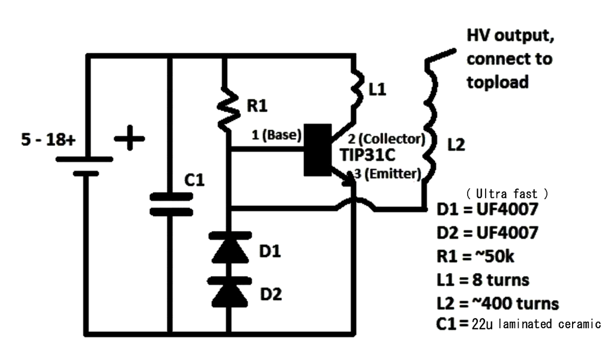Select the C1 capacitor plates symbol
coord(171,204)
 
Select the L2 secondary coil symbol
coord(429,132)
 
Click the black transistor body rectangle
coord(317,150)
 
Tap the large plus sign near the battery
coord(130,140)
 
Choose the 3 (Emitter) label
coord(389,174)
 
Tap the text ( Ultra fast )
coord(507,194)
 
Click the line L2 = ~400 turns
coord(498,303)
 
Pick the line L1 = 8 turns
coord(483,280)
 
